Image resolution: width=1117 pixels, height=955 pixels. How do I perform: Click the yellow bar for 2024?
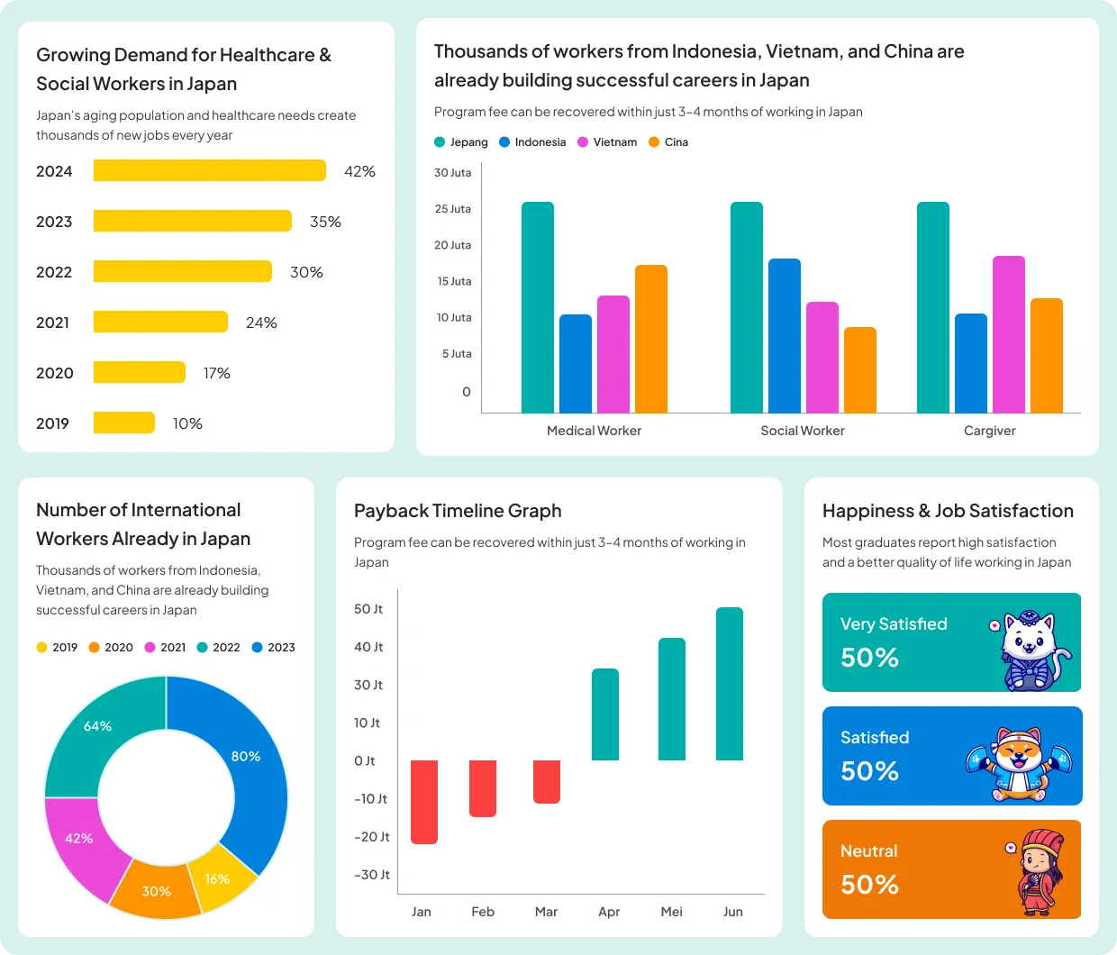click(209, 170)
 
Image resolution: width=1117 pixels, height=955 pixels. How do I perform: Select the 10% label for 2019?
click(187, 423)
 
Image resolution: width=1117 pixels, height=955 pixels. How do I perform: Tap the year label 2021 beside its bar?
click(52, 323)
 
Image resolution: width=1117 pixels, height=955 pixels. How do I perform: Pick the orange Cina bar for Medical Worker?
click(650, 339)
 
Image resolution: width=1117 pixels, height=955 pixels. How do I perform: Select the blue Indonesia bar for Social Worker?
click(784, 335)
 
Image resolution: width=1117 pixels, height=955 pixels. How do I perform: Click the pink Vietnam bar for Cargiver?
click(1008, 334)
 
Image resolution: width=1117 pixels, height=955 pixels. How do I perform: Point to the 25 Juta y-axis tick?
click(452, 209)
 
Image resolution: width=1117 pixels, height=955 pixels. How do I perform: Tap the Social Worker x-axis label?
click(802, 431)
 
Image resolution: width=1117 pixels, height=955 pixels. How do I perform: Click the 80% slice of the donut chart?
click(252, 766)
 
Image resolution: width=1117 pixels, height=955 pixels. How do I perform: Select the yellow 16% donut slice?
click(219, 878)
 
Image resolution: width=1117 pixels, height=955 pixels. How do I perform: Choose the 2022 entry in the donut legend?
click(219, 647)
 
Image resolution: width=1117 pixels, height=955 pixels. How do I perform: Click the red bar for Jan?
click(424, 802)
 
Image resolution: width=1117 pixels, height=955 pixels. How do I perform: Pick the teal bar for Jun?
click(729, 684)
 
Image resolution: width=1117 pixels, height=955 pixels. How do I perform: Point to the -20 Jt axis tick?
click(371, 837)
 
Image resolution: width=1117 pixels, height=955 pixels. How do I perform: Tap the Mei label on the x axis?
click(671, 912)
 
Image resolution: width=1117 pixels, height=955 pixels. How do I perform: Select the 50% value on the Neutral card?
click(869, 885)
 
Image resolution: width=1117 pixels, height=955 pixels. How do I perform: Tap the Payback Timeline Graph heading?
click(458, 511)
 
